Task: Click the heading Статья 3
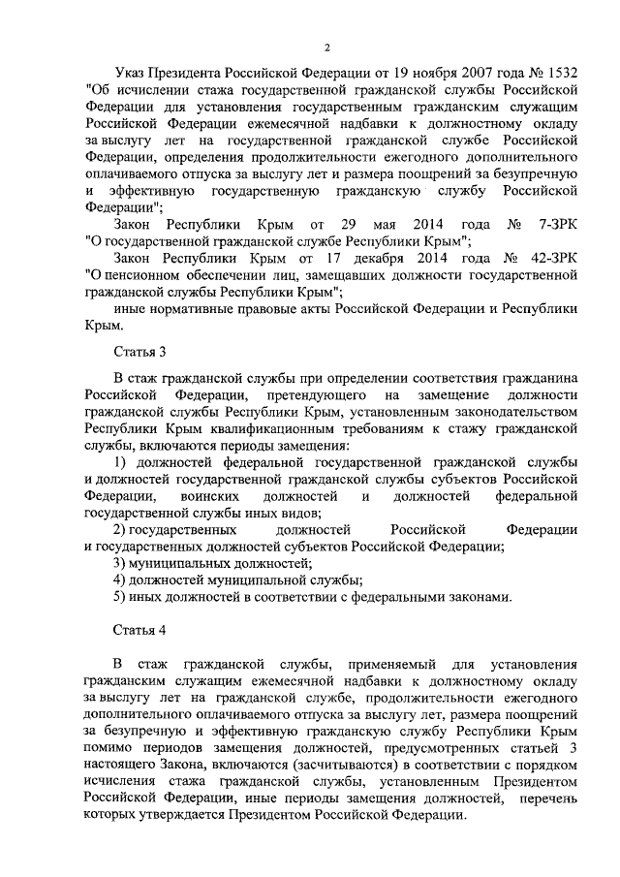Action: pos(139,351)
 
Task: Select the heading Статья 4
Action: pos(139,630)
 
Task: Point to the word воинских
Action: pos(204,496)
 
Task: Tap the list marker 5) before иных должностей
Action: pos(120,597)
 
